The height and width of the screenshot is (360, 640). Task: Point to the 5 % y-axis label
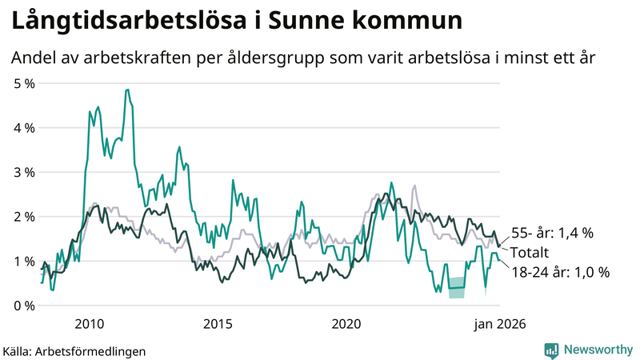point(23,82)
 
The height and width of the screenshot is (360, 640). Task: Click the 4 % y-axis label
point(23,127)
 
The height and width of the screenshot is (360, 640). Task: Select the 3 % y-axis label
point(23,172)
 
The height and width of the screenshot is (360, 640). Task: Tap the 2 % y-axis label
point(23,216)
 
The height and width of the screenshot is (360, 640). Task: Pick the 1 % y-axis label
point(23,261)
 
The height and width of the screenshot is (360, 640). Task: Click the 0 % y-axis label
point(23,306)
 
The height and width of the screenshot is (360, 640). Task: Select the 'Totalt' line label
point(530,253)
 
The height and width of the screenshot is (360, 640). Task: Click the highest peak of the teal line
point(126,90)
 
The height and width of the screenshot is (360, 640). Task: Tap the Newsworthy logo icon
point(551,350)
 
